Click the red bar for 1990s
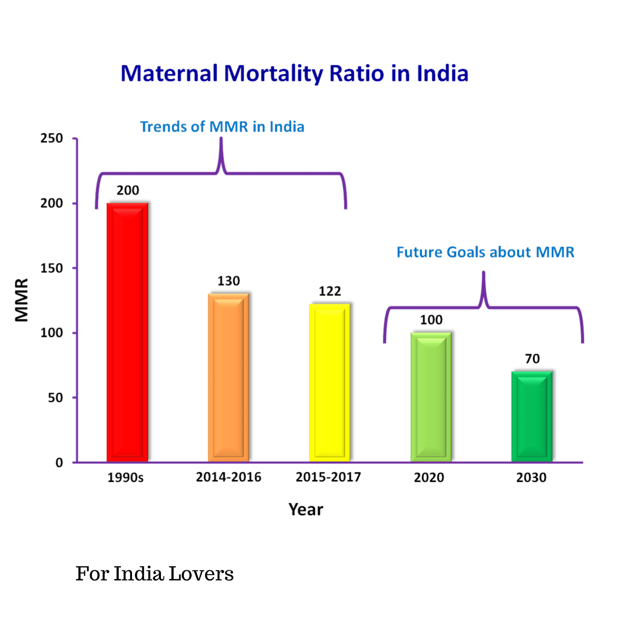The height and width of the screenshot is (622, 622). point(128,332)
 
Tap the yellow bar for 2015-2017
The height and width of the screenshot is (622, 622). point(330,383)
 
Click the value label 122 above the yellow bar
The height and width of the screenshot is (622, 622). point(330,291)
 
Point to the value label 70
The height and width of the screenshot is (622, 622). point(532,358)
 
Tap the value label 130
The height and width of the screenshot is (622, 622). point(229,281)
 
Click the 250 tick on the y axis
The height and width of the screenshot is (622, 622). point(52,138)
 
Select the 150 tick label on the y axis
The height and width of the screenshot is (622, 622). point(52,268)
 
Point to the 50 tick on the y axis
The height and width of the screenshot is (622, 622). point(55,398)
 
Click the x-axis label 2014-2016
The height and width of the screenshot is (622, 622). point(229,477)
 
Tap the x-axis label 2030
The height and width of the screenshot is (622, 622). point(531,477)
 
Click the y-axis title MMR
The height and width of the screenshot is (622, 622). point(22,300)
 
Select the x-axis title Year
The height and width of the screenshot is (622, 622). point(306,509)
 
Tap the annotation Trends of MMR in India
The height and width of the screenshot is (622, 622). point(222,127)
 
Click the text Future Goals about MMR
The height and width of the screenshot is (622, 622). point(485,252)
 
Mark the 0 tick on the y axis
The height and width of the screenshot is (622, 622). point(59,463)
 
